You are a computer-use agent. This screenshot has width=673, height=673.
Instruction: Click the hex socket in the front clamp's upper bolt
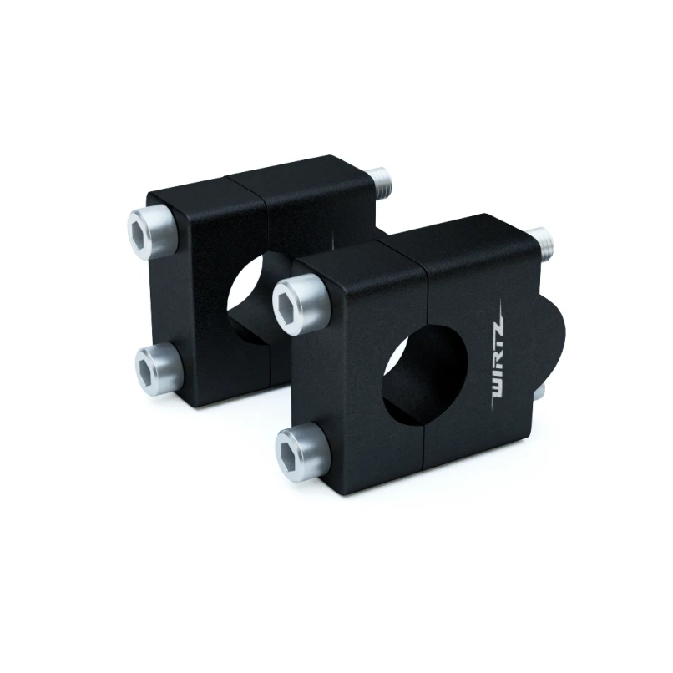(290, 296)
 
